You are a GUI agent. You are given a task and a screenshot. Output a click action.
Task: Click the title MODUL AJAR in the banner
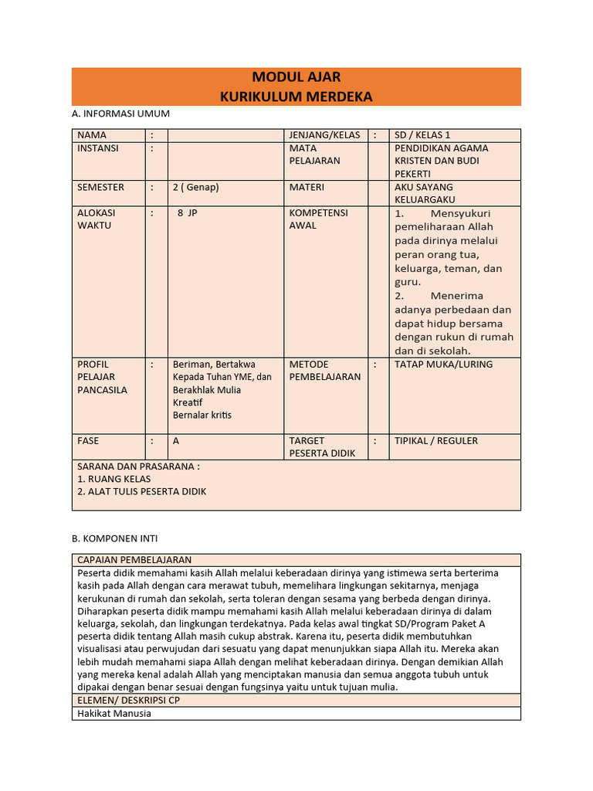tap(296, 77)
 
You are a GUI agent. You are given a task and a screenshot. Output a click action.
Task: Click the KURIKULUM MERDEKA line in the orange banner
tap(296, 97)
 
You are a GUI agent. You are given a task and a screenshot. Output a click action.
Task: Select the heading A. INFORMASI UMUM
tap(120, 114)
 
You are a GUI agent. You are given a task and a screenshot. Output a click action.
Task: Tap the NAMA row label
tap(92, 135)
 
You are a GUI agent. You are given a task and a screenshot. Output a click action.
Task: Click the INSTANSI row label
tap(98, 148)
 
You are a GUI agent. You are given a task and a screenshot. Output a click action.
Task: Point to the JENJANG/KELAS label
tap(324, 135)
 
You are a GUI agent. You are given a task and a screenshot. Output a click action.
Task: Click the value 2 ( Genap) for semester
tap(196, 188)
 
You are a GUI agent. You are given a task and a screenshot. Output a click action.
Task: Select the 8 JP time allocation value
tap(188, 212)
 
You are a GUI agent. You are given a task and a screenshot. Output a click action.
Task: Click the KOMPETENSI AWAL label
tap(318, 219)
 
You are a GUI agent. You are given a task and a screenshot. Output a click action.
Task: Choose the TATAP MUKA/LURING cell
tap(443, 365)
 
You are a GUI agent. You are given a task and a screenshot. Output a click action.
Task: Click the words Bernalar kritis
tap(202, 416)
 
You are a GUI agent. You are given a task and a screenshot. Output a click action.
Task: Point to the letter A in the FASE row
tap(176, 441)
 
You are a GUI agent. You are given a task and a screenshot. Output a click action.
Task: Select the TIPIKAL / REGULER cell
tap(436, 441)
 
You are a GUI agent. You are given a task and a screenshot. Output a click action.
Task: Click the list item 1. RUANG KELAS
tap(114, 479)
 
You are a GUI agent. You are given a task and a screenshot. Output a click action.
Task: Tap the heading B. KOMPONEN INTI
tap(117, 538)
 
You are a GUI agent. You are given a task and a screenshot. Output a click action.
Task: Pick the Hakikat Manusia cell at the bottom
tap(114, 714)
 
